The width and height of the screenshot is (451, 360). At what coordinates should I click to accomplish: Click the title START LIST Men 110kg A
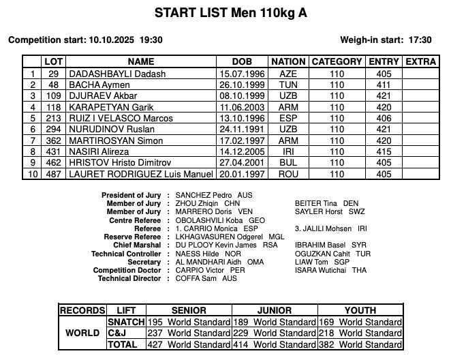click(x=225, y=13)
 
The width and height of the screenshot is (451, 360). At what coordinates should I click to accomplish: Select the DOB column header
click(x=241, y=61)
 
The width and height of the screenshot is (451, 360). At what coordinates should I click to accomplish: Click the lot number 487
click(x=54, y=174)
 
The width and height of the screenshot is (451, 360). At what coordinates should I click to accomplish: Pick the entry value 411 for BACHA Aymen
click(x=384, y=85)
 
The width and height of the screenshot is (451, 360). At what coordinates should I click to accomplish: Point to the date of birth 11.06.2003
click(x=240, y=107)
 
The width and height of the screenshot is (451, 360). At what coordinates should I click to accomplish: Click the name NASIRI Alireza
click(x=97, y=151)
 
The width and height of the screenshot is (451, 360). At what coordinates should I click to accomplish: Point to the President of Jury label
click(x=131, y=195)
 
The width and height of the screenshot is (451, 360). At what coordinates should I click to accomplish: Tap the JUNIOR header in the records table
click(x=275, y=310)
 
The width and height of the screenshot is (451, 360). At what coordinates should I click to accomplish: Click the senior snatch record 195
click(x=156, y=322)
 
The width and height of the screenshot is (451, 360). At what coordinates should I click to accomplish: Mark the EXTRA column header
click(x=420, y=61)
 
